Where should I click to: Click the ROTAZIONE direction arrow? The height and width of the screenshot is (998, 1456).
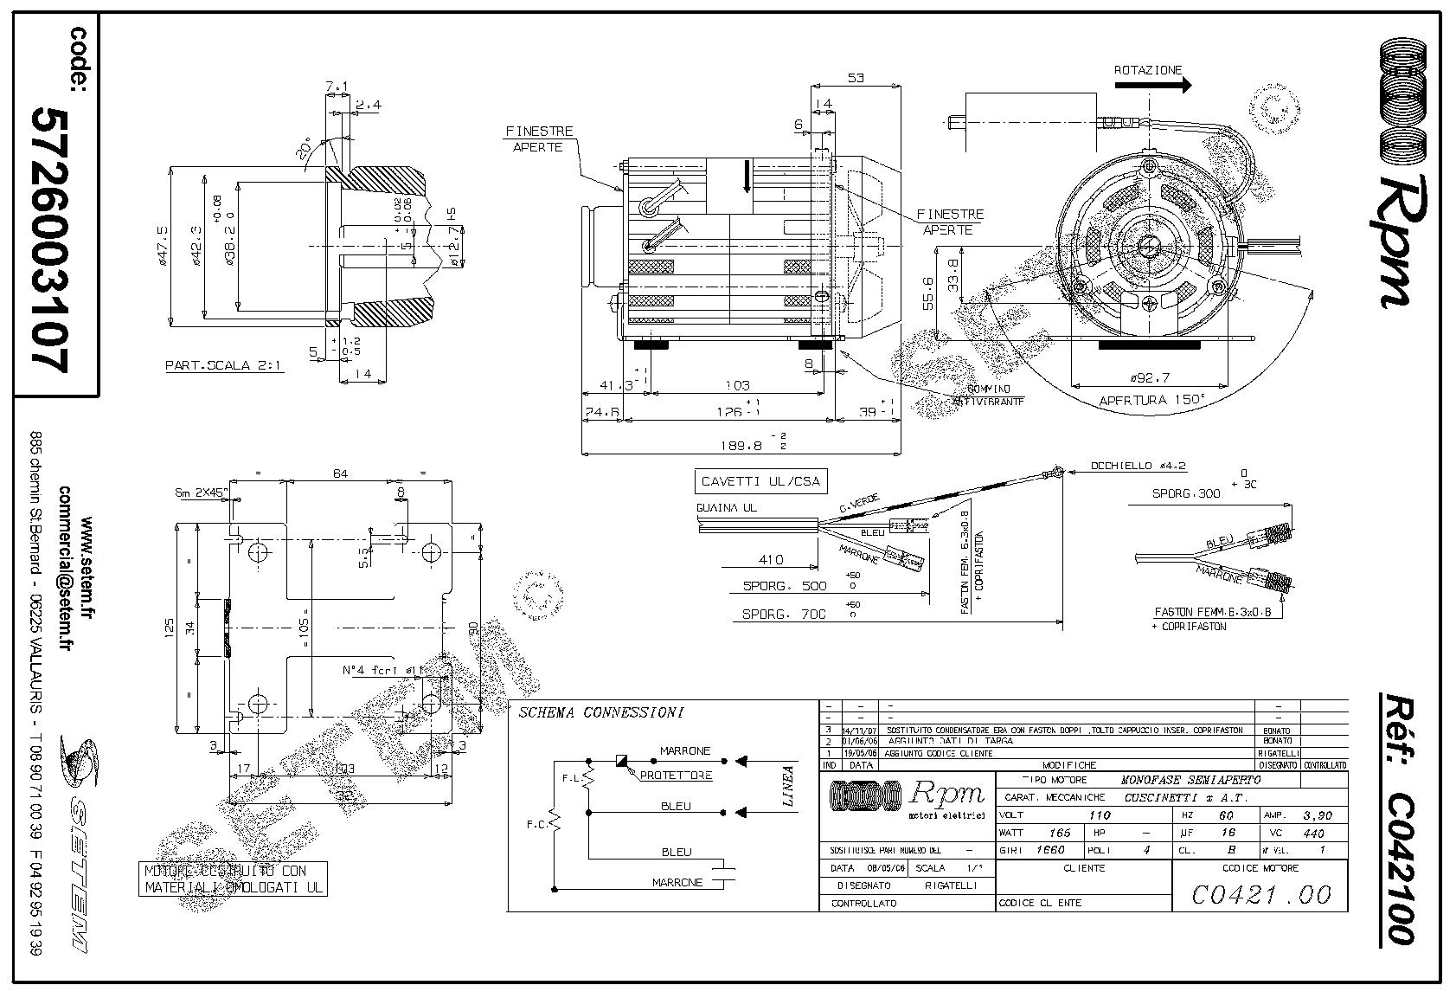(1152, 85)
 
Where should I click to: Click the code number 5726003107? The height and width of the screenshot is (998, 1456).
(48, 240)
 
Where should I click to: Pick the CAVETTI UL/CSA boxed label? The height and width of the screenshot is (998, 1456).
(760, 481)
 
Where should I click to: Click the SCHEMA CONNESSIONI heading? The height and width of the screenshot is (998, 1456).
(600, 713)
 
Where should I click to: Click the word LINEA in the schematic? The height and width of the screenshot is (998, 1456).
(788, 786)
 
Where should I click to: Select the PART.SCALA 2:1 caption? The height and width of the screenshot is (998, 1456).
(225, 365)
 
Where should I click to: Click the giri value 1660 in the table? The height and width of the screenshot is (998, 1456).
(1052, 850)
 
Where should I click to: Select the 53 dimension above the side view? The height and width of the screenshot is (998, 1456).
(856, 78)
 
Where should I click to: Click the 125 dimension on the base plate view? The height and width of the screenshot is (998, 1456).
(170, 625)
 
